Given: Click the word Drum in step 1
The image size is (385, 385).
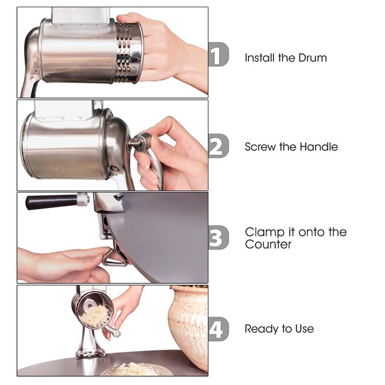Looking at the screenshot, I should tap(312, 58).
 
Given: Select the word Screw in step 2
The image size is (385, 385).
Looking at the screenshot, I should tap(260, 147).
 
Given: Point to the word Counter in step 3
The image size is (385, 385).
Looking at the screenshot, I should tap(268, 244).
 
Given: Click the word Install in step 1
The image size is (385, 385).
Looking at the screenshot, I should tap(260, 58).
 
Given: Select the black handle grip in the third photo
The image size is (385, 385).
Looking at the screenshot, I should tap(51, 201).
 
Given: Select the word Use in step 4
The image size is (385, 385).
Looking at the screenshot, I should tap(304, 329).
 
